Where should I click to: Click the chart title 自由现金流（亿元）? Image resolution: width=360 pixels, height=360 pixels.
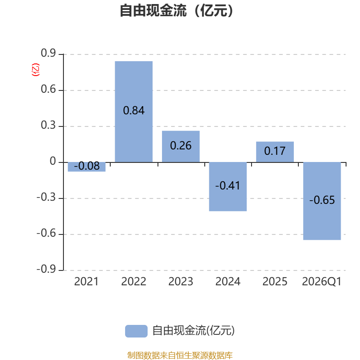coord(176,10)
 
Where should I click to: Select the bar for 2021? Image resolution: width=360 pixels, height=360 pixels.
coord(86,167)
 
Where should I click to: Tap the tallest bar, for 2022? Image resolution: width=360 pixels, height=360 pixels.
coord(134,112)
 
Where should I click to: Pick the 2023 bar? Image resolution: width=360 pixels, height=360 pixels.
coord(181,147)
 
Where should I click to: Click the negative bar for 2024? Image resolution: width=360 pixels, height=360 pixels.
coord(228,187)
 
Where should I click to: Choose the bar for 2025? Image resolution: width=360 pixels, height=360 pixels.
coord(275,152)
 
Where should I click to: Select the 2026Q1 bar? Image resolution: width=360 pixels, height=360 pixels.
coord(322,201)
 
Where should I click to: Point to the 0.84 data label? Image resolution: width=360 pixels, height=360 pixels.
coord(134,110)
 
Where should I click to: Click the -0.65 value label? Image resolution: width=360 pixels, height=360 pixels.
coord(322,200)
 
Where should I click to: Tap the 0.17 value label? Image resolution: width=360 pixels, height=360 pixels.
coord(275,151)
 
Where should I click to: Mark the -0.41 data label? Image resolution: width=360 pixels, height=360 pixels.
coord(228,185)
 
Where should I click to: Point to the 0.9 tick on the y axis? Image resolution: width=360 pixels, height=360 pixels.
coord(48,53)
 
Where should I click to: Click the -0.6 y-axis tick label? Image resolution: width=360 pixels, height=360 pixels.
coord(46,233)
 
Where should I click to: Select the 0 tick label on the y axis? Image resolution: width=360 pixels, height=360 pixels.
coord(53,161)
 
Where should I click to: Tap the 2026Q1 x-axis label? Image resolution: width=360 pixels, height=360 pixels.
coord(322,282)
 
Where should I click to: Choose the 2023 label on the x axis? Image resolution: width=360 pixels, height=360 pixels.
coord(181,282)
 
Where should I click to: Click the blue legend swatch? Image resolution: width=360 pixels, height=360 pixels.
coord(136,331)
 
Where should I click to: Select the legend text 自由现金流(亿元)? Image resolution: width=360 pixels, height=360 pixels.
coord(193,331)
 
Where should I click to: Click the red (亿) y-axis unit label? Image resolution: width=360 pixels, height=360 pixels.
coord(36,70)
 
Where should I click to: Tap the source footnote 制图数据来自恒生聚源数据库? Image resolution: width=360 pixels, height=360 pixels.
coord(180,355)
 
